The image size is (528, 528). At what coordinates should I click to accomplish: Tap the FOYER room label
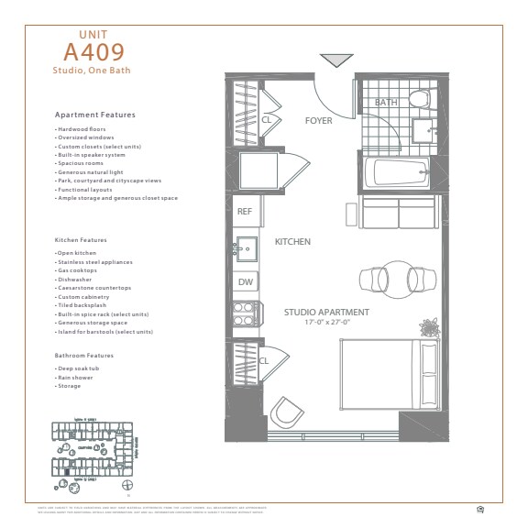tap(318, 120)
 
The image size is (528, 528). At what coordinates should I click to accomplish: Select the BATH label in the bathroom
tap(386, 103)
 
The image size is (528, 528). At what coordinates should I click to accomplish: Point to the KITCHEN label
tap(292, 242)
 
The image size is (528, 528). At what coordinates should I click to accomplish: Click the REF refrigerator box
tap(245, 211)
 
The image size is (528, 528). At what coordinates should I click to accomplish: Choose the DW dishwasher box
tap(245, 282)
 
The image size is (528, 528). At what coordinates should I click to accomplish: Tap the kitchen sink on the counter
tap(245, 247)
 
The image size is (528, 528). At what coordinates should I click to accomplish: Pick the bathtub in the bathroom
tap(395, 170)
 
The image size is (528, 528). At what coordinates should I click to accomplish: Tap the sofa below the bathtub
tap(396, 213)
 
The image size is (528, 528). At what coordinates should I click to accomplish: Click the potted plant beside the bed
tap(428, 327)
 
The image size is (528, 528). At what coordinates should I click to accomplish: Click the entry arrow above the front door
tap(336, 60)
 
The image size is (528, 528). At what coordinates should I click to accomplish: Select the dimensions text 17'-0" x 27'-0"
tap(325, 323)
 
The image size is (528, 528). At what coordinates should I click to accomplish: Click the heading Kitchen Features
tap(81, 240)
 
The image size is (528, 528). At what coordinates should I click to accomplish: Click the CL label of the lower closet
tap(263, 361)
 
